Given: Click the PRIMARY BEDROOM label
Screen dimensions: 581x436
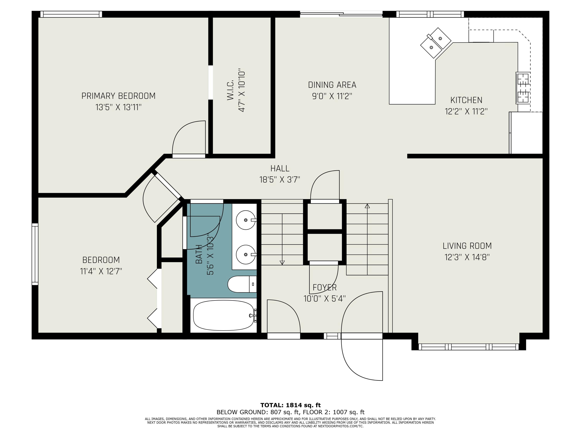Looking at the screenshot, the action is click(x=119, y=96).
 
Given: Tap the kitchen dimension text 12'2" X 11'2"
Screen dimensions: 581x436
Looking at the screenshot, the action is click(x=466, y=112).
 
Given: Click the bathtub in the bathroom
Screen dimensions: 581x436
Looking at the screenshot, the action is click(x=223, y=315).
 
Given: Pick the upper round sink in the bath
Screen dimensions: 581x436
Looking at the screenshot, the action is click(x=246, y=220).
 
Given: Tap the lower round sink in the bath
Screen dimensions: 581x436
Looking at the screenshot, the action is click(x=246, y=254).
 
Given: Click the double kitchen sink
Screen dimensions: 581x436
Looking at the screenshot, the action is click(x=436, y=43).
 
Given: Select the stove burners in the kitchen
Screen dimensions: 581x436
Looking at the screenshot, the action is click(x=523, y=88).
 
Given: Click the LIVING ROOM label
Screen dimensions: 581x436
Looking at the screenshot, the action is click(x=467, y=246).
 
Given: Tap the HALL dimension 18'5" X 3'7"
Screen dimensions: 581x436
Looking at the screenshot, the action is click(x=280, y=180).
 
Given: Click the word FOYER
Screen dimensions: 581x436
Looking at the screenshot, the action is click(x=325, y=288).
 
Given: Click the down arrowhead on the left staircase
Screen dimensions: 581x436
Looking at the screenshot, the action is click(x=282, y=263).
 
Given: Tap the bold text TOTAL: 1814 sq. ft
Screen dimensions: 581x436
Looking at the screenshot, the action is click(x=290, y=405).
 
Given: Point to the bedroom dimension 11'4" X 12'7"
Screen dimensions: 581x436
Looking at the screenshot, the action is click(x=101, y=271).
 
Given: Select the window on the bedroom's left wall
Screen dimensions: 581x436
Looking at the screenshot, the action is click(x=35, y=254).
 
